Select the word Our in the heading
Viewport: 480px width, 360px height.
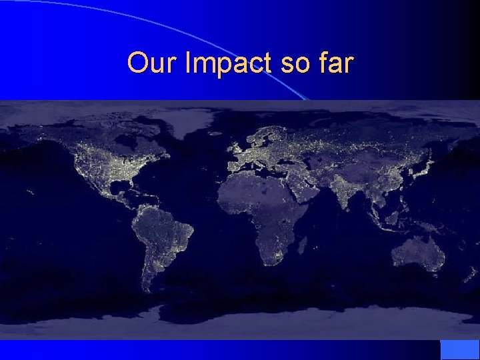153,63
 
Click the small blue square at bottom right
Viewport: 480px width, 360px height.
459,349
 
